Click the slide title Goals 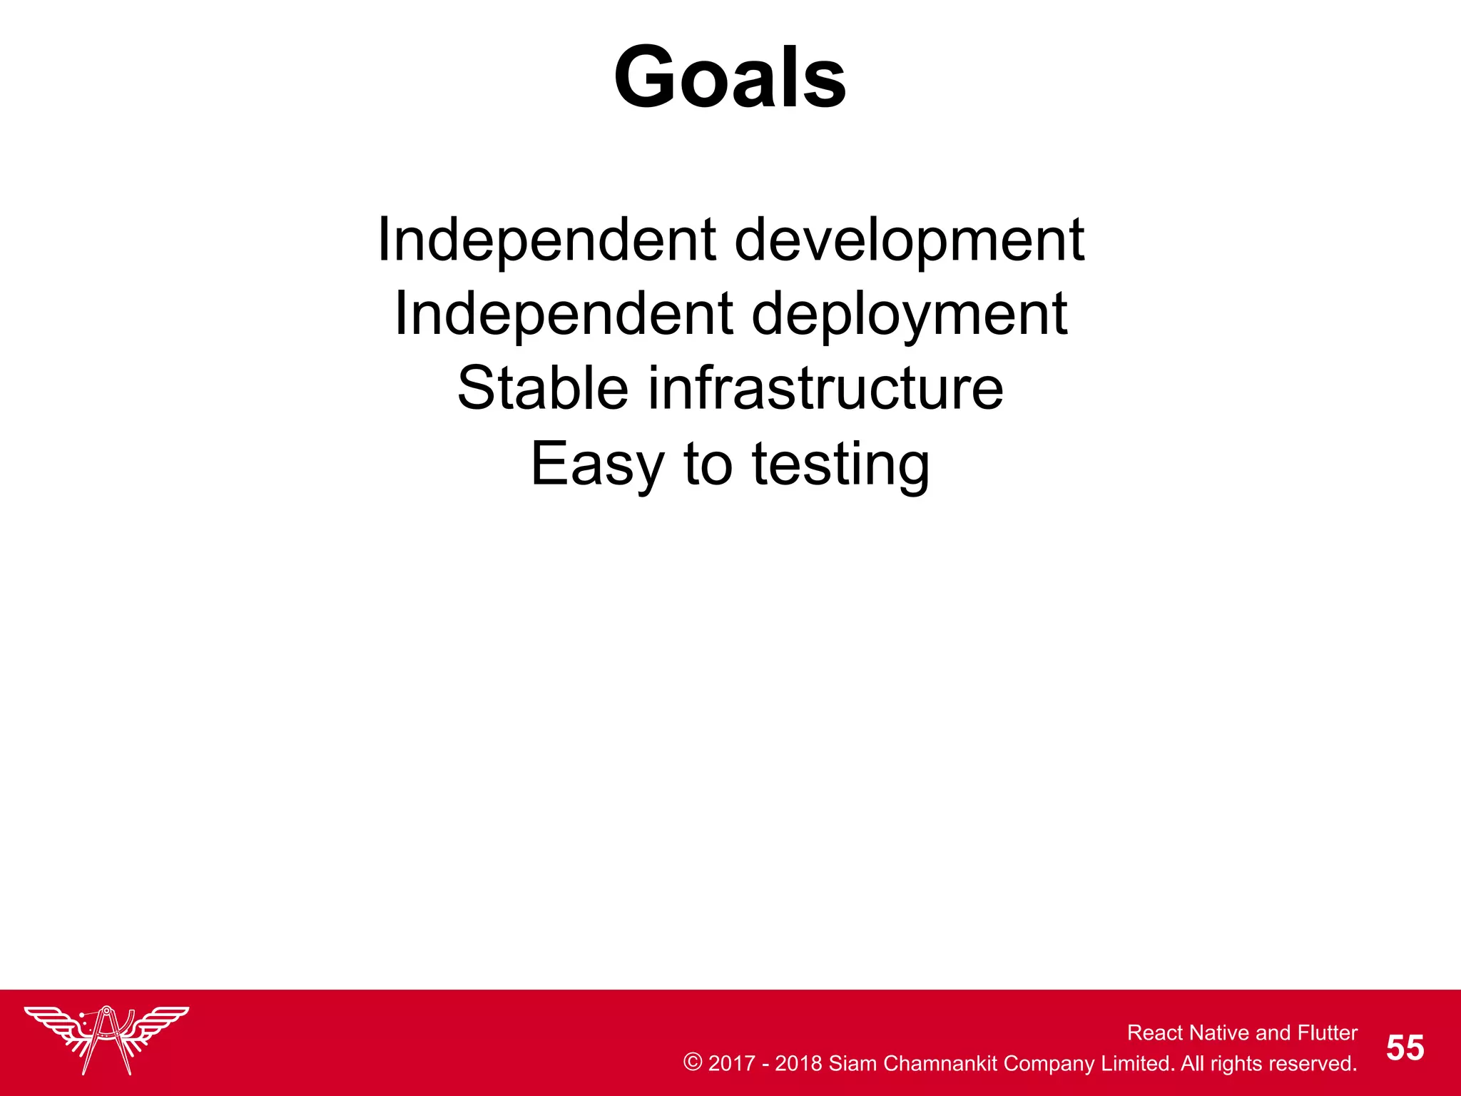pos(730,77)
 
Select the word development pos(910,241)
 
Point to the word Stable pos(543,388)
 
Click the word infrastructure pos(825,388)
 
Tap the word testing pos(841,465)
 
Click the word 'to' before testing pos(708,464)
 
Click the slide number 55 pos(1405,1048)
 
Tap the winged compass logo pos(106,1039)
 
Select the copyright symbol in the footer pos(692,1062)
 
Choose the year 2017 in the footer pos(731,1063)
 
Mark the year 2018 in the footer pos(798,1063)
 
